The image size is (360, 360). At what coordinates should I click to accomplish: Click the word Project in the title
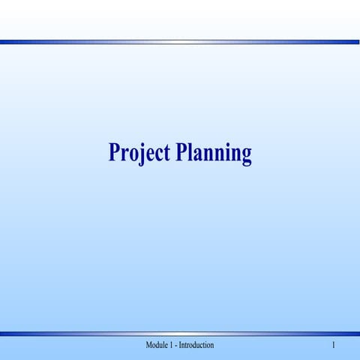click(x=139, y=153)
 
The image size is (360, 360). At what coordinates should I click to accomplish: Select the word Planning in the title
click(x=214, y=153)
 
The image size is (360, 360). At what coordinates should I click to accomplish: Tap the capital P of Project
click(x=115, y=151)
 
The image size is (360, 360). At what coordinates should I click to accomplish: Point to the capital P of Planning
click(x=184, y=151)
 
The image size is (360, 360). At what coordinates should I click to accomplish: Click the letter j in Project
click(x=142, y=154)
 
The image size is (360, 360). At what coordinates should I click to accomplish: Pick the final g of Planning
click(x=245, y=156)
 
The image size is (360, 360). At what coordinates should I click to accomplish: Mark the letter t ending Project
click(x=168, y=153)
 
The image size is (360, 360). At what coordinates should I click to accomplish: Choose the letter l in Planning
click(x=194, y=151)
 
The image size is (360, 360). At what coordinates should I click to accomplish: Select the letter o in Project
click(x=134, y=154)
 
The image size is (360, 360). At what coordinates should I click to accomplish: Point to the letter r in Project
click(x=124, y=154)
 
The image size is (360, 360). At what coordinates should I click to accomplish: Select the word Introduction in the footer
click(x=196, y=345)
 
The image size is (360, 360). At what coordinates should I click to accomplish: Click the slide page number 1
click(x=332, y=345)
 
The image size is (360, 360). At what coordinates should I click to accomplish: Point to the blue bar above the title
click(x=180, y=42)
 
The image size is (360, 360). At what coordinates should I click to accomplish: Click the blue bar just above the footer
click(x=180, y=333)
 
